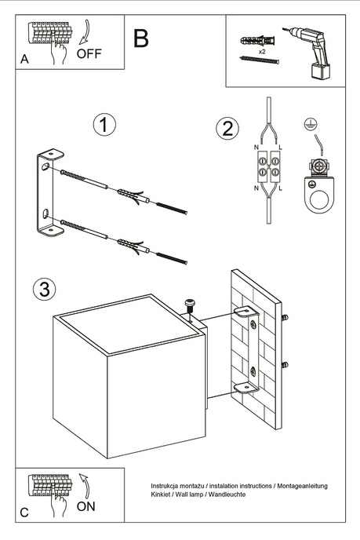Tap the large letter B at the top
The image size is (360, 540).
tap(141, 38)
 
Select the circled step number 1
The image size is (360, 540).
tap(104, 125)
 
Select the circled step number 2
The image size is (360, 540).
tap(227, 129)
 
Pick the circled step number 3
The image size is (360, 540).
tap(45, 289)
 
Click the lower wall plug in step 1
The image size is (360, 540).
tap(136, 246)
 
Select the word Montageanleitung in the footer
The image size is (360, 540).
tap(296, 487)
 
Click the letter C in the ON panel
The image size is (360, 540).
tap(25, 512)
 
